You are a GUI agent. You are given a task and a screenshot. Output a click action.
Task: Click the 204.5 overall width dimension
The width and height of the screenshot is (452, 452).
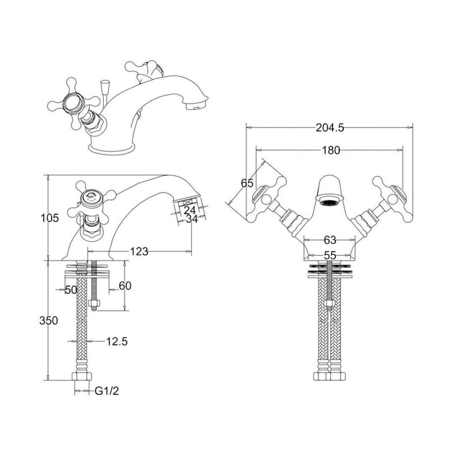[x=330, y=128]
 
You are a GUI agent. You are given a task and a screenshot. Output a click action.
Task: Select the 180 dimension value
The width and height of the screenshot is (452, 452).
[x=331, y=150]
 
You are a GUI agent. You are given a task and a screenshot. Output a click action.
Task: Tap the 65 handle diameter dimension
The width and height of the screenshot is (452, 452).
[x=247, y=183]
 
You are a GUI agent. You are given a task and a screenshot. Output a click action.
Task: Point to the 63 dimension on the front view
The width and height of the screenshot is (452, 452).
[x=330, y=240]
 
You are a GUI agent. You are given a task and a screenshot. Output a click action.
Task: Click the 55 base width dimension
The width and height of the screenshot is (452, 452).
[x=330, y=255]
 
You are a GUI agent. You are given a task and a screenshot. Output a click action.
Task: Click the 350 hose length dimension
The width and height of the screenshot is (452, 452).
[x=49, y=321]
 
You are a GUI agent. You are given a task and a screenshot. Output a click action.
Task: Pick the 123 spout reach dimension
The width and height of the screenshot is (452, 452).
[x=139, y=252]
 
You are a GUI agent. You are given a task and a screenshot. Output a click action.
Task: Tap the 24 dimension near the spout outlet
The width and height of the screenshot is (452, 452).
[x=190, y=210]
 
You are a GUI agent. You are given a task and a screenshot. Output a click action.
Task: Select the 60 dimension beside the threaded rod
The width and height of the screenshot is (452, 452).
[x=125, y=286]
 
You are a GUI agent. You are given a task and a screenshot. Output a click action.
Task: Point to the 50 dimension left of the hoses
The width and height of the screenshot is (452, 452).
[x=71, y=290]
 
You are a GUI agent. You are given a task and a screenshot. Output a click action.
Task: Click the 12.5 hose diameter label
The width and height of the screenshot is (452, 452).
[x=117, y=342]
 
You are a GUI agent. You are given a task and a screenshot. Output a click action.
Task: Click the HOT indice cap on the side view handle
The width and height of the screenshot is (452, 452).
[x=90, y=197]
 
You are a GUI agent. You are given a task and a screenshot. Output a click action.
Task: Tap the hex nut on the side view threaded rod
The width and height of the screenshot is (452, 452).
[x=94, y=303]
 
